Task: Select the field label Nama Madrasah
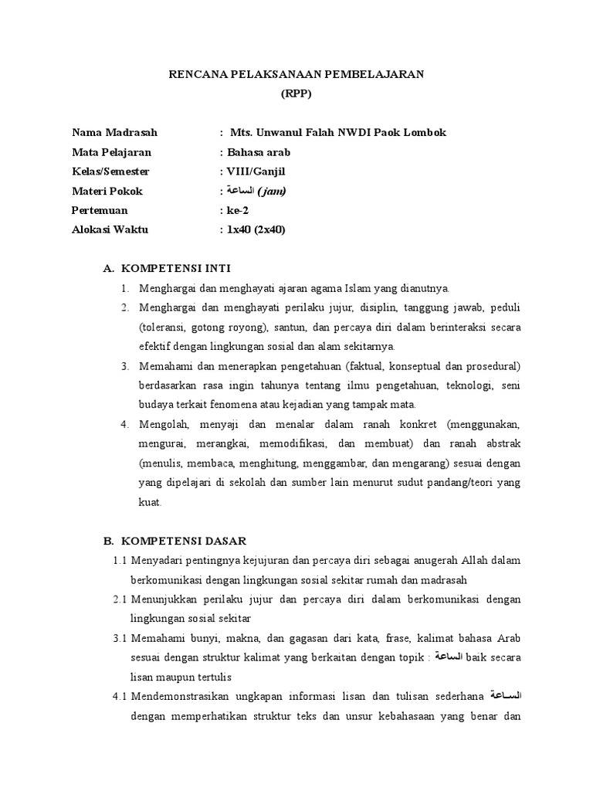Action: click(114, 133)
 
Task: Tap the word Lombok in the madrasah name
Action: click(425, 133)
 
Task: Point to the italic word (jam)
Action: click(273, 191)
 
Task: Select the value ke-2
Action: click(239, 210)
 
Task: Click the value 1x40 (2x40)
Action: click(256, 229)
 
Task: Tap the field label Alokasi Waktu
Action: click(110, 229)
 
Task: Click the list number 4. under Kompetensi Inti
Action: click(124, 424)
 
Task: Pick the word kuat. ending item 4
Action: click(151, 501)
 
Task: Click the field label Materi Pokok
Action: click(107, 191)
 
